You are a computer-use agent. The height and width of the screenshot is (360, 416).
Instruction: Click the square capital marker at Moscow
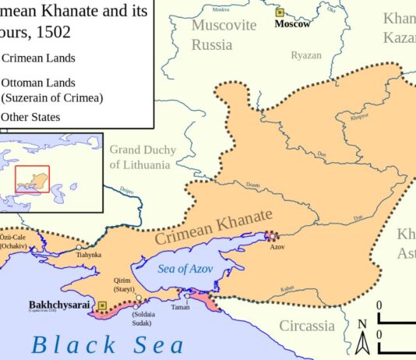pos(280,13)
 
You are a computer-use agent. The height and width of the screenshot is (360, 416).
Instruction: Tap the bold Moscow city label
pos(292,24)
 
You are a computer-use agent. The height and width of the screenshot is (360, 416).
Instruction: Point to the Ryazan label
pos(305,55)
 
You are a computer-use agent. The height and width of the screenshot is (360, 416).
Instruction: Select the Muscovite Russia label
pos(224,34)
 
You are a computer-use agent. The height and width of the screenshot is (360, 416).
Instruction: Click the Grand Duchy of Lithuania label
pos(143,157)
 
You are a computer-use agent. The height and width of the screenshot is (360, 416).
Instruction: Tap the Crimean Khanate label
pos(213,227)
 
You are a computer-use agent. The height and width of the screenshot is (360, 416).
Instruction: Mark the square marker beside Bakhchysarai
pos(101,305)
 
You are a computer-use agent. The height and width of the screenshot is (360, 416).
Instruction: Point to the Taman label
pos(180,308)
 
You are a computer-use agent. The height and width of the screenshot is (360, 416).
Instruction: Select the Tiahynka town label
pos(88,254)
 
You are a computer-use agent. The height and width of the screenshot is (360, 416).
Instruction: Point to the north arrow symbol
pos(361,337)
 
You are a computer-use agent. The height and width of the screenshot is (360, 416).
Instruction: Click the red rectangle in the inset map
pos(32,179)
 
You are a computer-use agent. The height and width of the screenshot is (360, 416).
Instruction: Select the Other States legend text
pos(30,117)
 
